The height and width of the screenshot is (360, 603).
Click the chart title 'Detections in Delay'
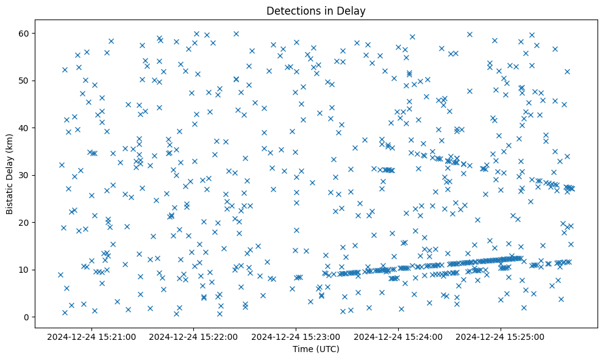point(316,10)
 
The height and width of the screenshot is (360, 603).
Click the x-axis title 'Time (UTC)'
point(316,350)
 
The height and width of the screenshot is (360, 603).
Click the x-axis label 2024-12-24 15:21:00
point(91,336)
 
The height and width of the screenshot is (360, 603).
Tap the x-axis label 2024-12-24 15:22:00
point(194,336)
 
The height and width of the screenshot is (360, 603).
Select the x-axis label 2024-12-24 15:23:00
point(296,336)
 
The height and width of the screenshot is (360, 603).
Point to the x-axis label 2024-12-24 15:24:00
point(399,336)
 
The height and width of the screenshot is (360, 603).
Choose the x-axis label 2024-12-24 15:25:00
point(501,336)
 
